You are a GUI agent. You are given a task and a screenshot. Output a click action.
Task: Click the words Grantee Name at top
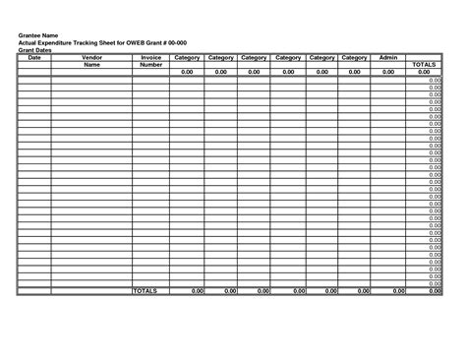(x=37, y=35)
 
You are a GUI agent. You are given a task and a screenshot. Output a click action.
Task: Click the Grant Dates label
(x=35, y=51)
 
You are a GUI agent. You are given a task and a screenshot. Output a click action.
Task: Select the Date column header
(x=34, y=58)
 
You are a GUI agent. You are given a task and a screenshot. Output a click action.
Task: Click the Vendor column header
(x=91, y=58)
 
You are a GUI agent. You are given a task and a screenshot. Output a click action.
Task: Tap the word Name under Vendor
(x=91, y=65)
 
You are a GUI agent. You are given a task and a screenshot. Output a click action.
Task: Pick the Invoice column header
(x=150, y=58)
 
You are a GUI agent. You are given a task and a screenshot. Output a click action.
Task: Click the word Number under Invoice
(x=150, y=65)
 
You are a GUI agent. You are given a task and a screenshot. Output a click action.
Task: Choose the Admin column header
(x=388, y=58)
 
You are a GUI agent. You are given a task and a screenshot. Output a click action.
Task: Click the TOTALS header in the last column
(x=424, y=65)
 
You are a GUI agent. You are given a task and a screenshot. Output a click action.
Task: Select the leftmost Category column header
(x=187, y=58)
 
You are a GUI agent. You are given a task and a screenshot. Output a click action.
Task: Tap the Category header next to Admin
(x=354, y=58)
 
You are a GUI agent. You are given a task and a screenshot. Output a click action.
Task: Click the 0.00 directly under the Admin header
(x=388, y=72)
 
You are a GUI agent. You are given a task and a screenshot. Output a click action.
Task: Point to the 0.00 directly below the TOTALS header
(x=424, y=72)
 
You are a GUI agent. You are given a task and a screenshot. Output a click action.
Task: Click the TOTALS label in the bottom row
(x=145, y=291)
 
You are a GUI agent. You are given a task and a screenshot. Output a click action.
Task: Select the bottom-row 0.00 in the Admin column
(x=398, y=291)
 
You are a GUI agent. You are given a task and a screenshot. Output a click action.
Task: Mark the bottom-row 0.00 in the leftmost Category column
(x=196, y=291)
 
